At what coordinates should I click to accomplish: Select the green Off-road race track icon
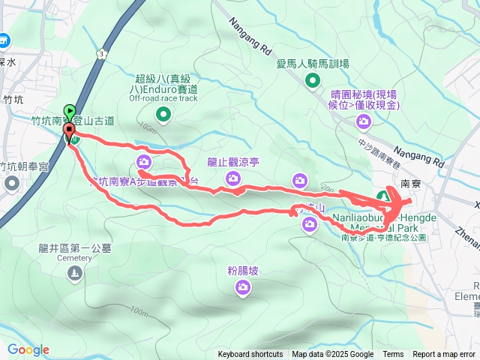tap(163, 114)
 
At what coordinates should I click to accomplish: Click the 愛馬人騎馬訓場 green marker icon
tap(313, 81)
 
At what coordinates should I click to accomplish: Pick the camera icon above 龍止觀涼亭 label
tap(233, 178)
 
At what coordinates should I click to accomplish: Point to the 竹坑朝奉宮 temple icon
tap(12, 183)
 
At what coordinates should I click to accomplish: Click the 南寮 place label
tap(410, 182)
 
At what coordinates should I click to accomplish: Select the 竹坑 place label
tap(13, 98)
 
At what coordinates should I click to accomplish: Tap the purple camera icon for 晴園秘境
tap(364, 121)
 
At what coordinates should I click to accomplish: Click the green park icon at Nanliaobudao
tap(382, 196)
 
